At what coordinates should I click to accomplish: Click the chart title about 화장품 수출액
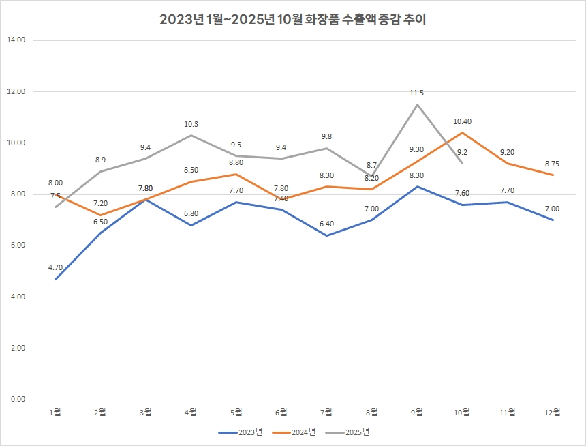tap(293, 19)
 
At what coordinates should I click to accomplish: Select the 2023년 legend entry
tap(243, 432)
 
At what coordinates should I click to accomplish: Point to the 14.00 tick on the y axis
tap(16, 40)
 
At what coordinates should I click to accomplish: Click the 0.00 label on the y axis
tap(16, 399)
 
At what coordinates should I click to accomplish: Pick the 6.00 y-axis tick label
tap(16, 246)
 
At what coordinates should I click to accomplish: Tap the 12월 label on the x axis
tap(553, 412)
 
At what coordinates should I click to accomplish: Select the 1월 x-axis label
tap(55, 412)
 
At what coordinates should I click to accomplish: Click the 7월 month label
tap(326, 412)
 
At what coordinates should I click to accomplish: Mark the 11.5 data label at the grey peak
tap(417, 93)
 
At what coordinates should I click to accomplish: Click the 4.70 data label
tap(55, 267)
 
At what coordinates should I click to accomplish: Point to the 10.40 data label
tap(462, 121)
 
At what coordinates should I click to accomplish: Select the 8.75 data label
tap(553, 164)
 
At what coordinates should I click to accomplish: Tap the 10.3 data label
tap(191, 124)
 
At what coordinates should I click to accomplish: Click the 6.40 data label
tap(326, 224)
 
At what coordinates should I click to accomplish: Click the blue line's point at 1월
tap(55, 279)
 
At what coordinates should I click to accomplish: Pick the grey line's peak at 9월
tap(417, 104)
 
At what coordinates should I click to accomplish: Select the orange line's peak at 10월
tap(462, 132)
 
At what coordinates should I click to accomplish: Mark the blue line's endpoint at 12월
tap(553, 220)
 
